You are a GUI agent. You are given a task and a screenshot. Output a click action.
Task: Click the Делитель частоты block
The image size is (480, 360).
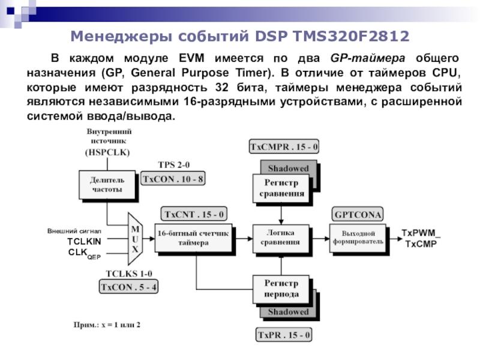tap(107, 184)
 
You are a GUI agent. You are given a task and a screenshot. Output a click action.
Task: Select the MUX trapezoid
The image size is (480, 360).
tap(135, 239)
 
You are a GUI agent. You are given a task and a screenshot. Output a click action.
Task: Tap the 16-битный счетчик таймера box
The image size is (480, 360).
tap(192, 238)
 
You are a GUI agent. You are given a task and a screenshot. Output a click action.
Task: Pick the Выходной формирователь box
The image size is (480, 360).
tap(358, 238)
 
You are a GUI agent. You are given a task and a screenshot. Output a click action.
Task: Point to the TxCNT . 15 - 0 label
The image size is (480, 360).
tap(194, 214)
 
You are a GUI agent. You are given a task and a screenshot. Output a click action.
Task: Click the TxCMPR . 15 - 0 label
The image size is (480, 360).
tap(284, 146)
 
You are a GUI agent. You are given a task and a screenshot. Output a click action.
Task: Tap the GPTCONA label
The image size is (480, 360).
tap(358, 214)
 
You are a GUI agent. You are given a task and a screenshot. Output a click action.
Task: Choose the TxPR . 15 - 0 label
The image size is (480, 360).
tap(284, 334)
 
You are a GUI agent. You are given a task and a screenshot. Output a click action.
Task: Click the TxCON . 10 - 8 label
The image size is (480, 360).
tap(173, 178)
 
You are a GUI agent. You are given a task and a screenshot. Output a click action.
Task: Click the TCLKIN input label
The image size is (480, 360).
tap(84, 241)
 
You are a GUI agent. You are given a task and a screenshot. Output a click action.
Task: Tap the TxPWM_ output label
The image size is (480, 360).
tap(421, 233)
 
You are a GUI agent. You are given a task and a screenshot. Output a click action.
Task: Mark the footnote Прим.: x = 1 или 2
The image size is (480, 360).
tap(106, 325)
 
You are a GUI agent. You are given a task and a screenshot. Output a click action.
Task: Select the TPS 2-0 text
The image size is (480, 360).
tap(173, 165)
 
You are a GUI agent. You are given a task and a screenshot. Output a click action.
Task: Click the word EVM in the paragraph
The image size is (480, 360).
tap(193, 59)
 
